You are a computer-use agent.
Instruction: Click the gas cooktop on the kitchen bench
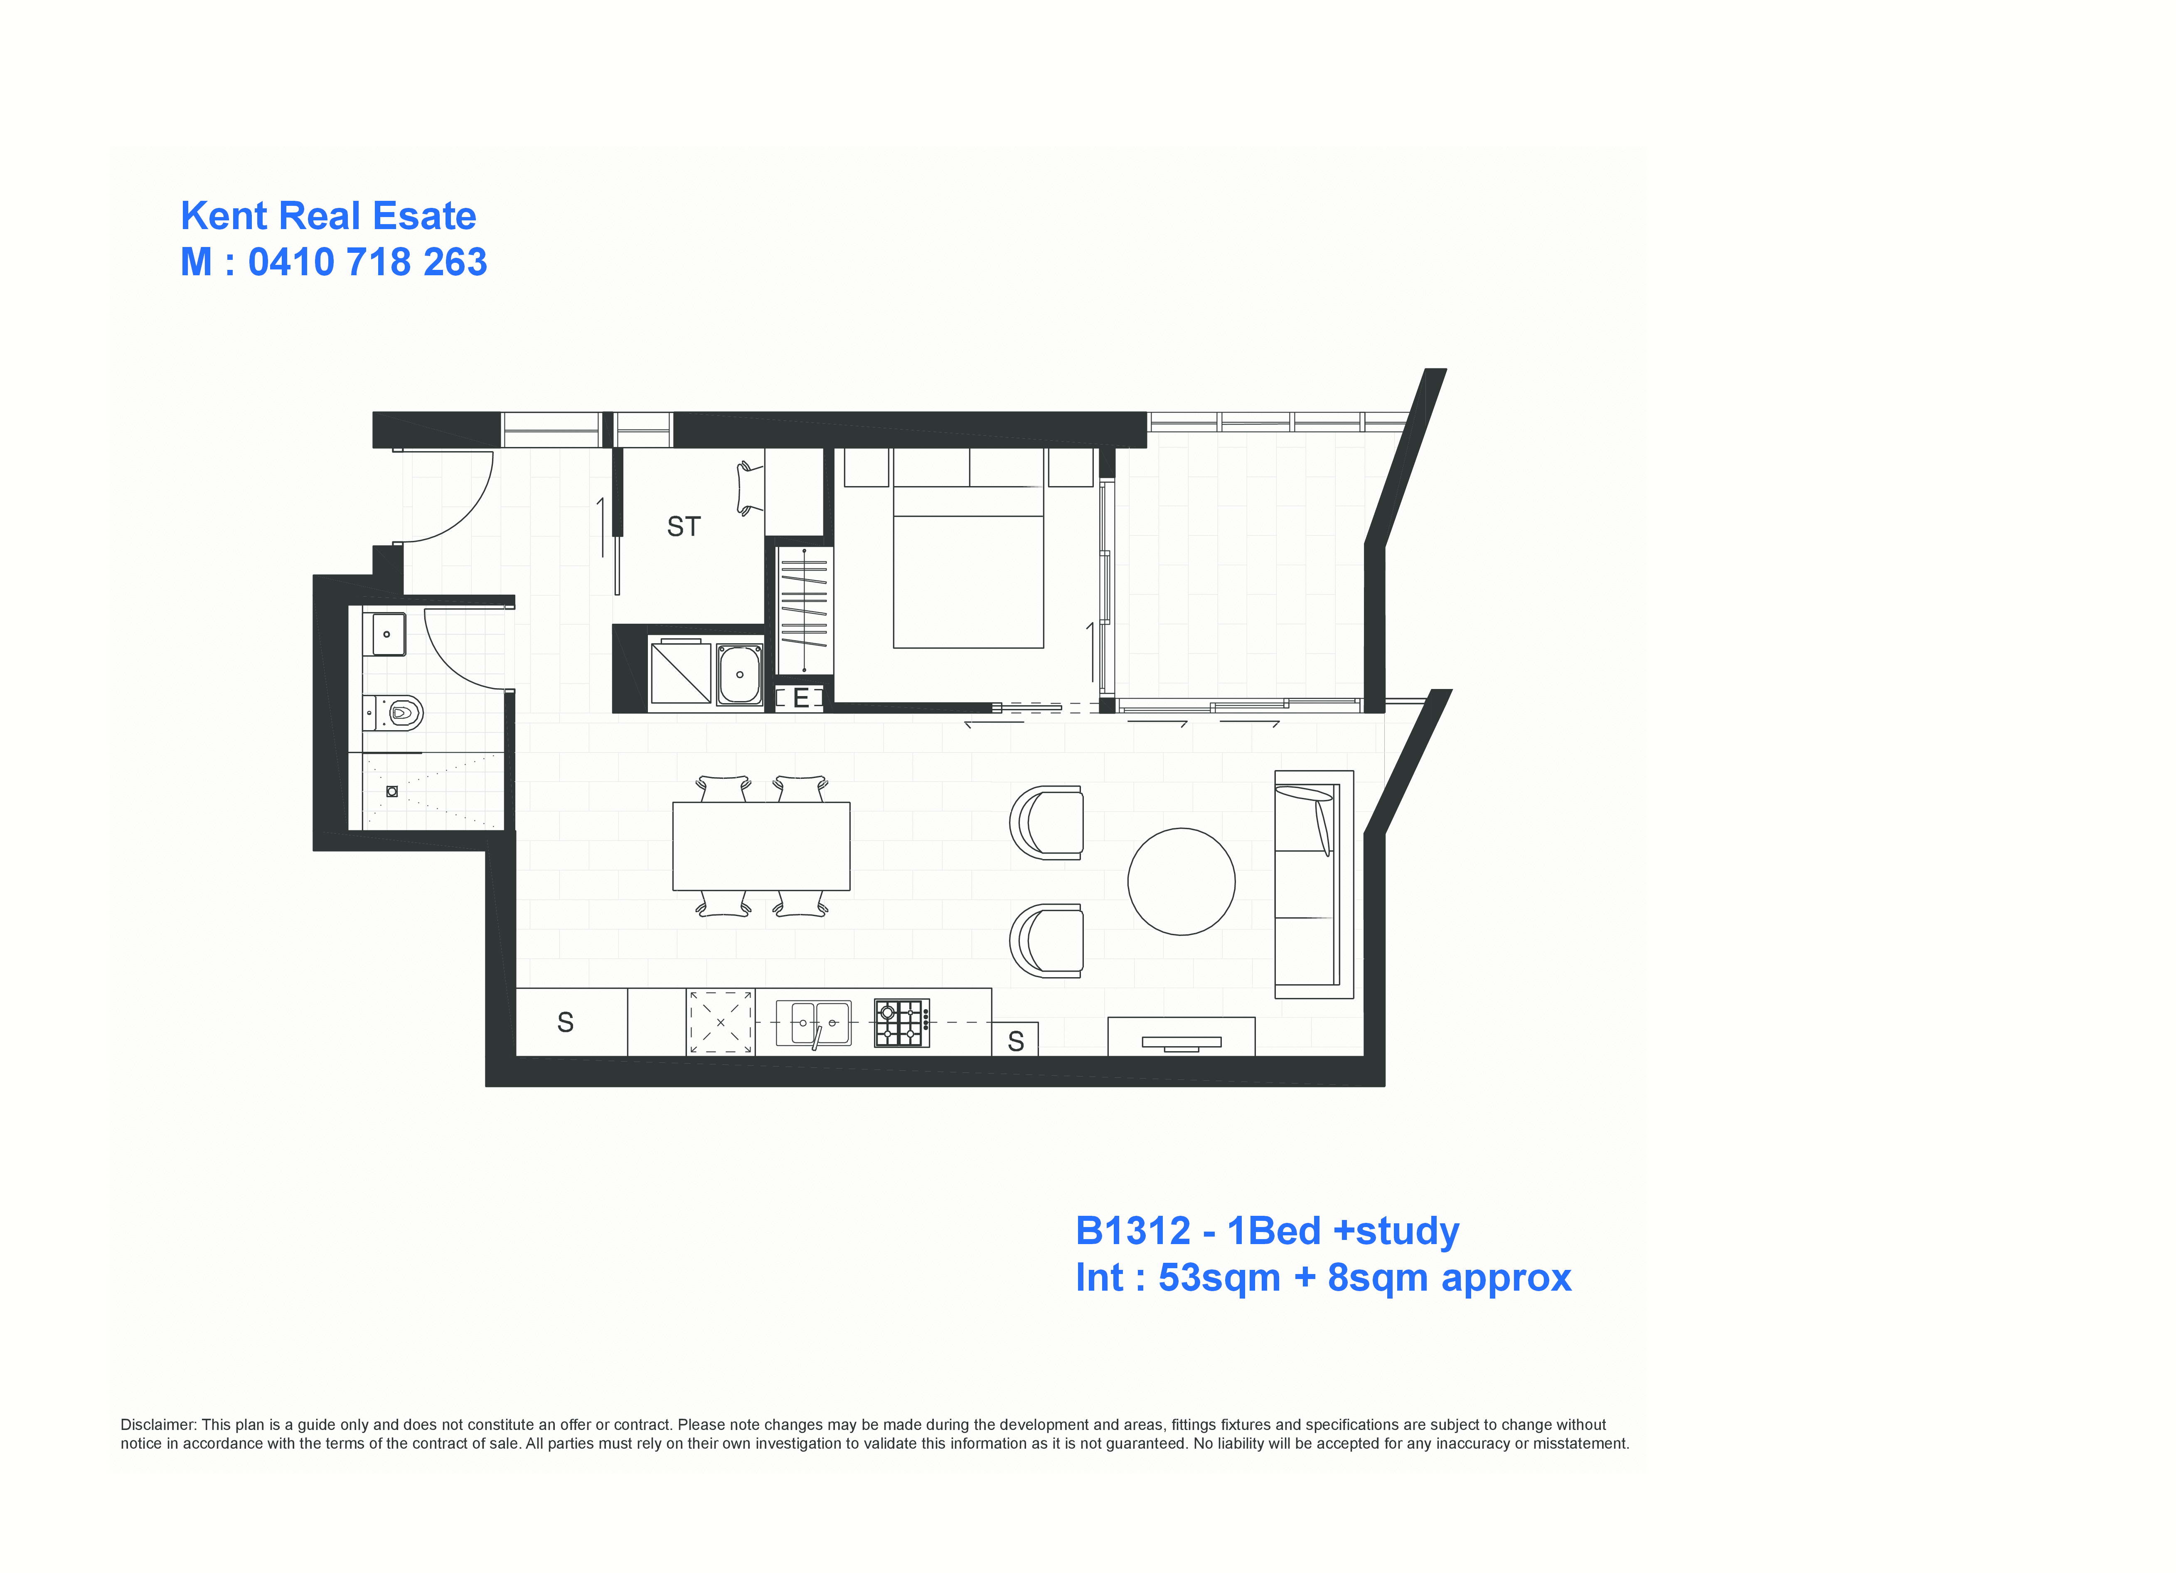click(x=902, y=1023)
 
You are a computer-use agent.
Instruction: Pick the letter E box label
click(x=800, y=699)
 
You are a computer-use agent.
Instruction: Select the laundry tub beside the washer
click(x=740, y=674)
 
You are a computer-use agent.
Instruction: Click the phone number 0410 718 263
click(x=367, y=262)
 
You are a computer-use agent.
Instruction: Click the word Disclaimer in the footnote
click(x=158, y=1425)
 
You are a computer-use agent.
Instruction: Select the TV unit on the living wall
click(x=1181, y=1037)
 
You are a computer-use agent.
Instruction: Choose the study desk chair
click(x=749, y=489)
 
